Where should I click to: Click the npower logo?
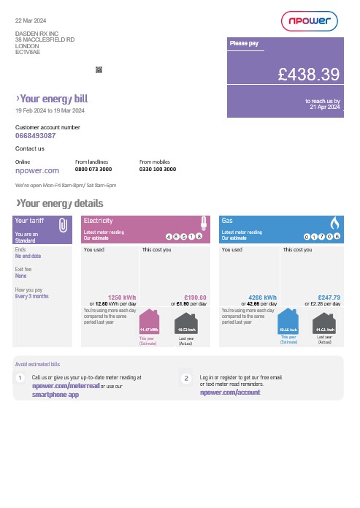pos(309,21)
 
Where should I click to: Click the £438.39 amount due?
pos(309,74)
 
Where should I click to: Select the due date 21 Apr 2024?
pos(325,107)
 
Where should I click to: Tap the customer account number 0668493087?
pos(36,136)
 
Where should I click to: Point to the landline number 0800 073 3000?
pos(93,169)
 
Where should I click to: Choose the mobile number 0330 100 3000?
pos(157,169)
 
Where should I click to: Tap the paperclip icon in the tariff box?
pos(63,225)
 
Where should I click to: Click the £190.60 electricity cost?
pos(195,297)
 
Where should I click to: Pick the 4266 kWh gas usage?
pos(262,297)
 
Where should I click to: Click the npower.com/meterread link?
pos(65,385)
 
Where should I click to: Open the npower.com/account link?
pos(230,393)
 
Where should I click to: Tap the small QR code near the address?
pos(99,69)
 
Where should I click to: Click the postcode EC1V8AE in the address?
pos(28,52)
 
